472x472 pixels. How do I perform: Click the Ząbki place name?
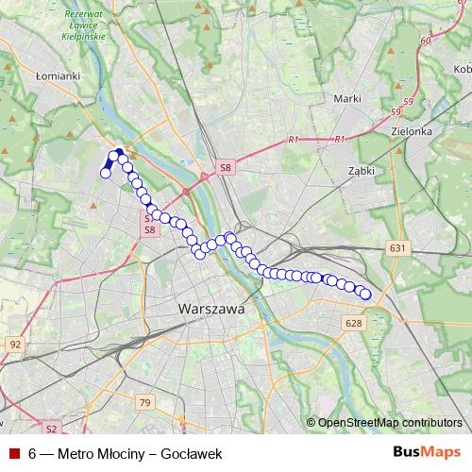pos(361,171)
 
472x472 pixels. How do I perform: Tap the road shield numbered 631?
pos(397,248)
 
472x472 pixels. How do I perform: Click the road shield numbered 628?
pos(354,324)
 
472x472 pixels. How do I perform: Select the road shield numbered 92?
pos(14,345)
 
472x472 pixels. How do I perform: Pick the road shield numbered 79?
pos(143,403)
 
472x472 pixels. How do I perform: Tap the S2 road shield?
pos(52,429)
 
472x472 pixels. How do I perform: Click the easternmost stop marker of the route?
pos(366,295)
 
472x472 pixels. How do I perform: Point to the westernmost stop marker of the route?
pos(106,173)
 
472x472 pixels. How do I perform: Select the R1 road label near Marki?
pos(294,140)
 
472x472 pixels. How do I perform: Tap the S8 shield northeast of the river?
pos(225,167)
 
